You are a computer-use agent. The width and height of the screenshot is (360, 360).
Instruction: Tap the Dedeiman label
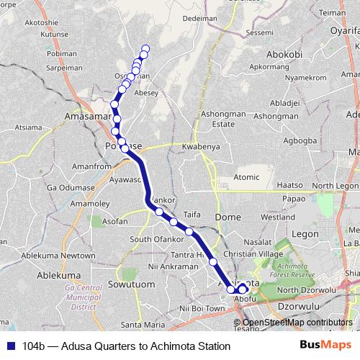(x=199, y=18)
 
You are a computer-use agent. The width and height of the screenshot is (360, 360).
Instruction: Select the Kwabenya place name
(x=199, y=147)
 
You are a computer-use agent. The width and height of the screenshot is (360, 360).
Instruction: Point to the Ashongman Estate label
(x=213, y=119)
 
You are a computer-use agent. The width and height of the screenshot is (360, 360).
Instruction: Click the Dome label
(x=229, y=217)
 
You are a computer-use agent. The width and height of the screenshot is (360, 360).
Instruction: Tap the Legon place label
(x=305, y=233)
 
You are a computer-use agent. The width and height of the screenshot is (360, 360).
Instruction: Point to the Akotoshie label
(x=41, y=23)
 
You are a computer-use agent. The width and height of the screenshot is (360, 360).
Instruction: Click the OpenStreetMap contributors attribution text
(x=298, y=322)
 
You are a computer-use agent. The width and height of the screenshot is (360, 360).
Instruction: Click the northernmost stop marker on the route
(x=145, y=49)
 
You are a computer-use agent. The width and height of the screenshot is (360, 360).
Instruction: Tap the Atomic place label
(x=246, y=176)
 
